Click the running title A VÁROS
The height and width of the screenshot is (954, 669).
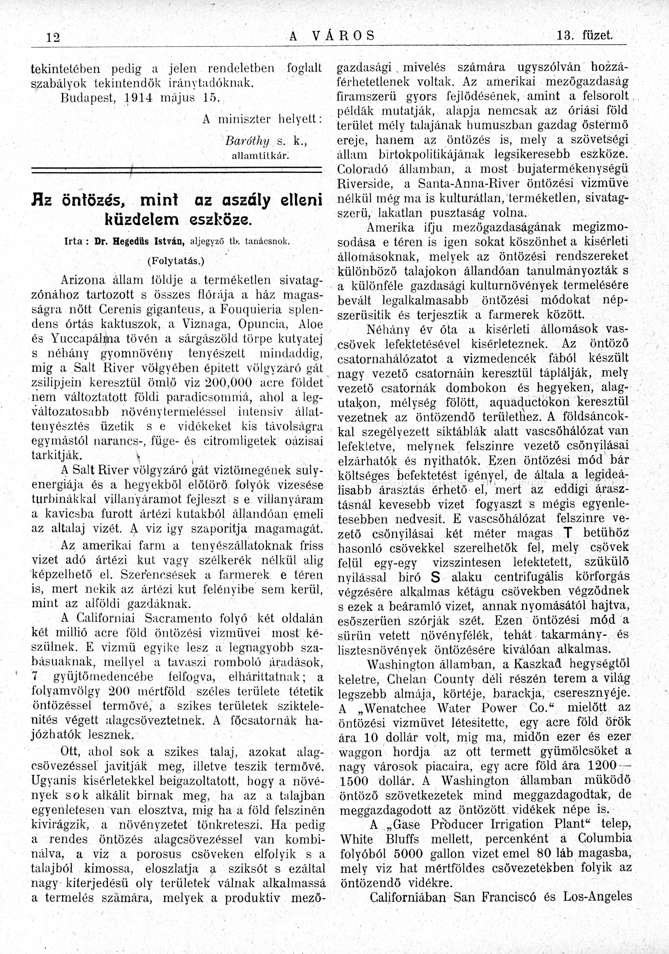tap(332, 36)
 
